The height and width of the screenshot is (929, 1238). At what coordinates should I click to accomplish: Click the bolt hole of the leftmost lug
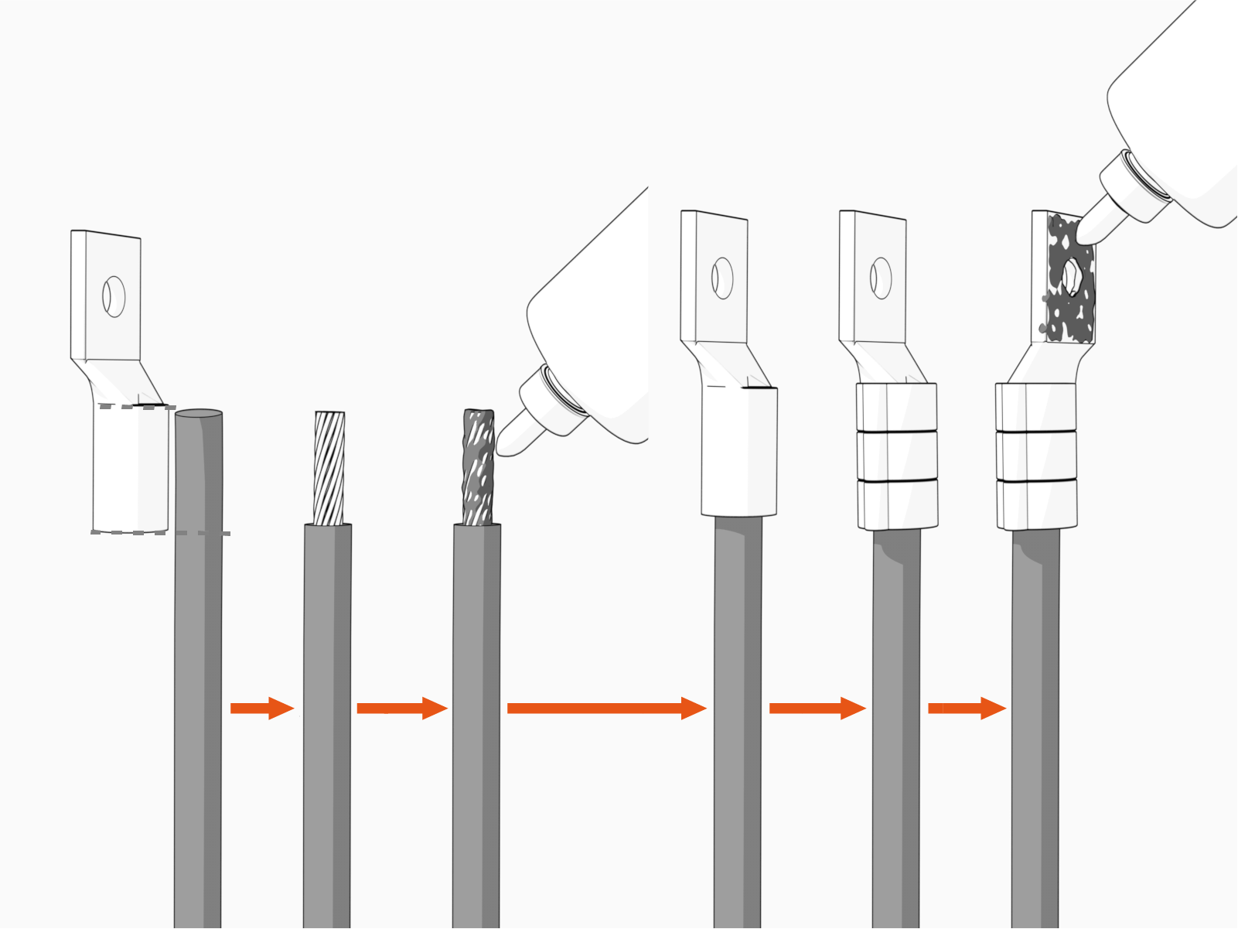pos(114,296)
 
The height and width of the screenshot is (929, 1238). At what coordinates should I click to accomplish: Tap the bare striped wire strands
pos(329,468)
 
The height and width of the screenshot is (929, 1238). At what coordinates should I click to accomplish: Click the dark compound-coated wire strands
pos(478,468)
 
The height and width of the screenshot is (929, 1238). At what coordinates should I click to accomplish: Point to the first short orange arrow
pos(261,708)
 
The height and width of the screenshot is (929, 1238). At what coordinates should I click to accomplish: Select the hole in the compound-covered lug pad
pos(1072,277)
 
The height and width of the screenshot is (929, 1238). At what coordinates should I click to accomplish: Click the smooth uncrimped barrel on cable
pos(739,453)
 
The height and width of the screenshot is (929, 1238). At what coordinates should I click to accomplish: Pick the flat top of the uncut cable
pos(199,414)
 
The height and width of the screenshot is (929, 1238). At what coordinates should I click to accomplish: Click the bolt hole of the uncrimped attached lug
pos(722,278)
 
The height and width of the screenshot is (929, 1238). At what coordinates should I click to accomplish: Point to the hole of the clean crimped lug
pos(881,278)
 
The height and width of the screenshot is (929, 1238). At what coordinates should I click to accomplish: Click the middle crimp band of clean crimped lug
pos(897,456)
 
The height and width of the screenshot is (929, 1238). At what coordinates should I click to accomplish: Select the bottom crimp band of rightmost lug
pos(1036,504)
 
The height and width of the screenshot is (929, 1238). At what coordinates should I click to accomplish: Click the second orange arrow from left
pos(401,708)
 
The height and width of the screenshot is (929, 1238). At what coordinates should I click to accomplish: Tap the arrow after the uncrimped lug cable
pos(817,708)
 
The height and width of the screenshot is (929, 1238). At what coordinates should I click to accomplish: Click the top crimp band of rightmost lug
pos(1036,406)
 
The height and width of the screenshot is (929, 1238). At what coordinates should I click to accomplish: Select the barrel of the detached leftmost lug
pos(130,468)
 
